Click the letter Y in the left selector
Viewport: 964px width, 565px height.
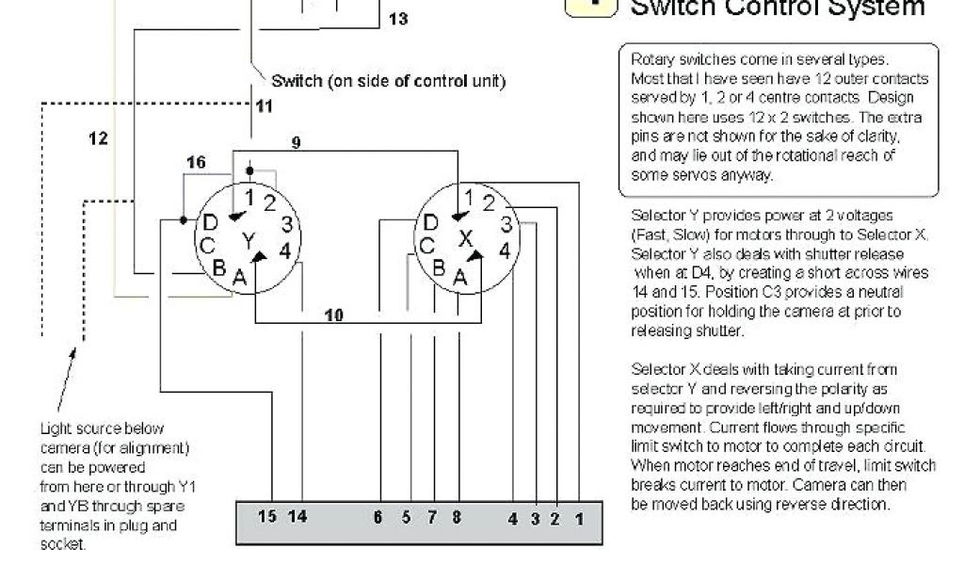tap(249, 241)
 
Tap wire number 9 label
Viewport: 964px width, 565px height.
tap(296, 143)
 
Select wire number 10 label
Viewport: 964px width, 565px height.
tap(333, 315)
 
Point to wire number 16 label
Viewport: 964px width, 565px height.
tap(195, 163)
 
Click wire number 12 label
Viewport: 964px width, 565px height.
tap(98, 138)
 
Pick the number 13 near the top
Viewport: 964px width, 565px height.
tap(398, 19)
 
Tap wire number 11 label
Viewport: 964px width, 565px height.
tap(265, 106)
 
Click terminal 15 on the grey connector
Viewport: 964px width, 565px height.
tap(267, 516)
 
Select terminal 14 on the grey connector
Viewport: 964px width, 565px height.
tap(297, 516)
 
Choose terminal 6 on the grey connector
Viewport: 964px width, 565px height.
tap(378, 516)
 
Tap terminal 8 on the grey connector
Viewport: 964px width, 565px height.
tap(457, 516)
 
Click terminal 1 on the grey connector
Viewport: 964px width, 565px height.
tap(580, 517)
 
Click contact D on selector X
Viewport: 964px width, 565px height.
tap(430, 223)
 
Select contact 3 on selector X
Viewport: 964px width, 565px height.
tap(506, 224)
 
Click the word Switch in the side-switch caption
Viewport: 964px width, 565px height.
tap(296, 81)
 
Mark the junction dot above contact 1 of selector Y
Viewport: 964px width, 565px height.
tap(249, 171)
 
